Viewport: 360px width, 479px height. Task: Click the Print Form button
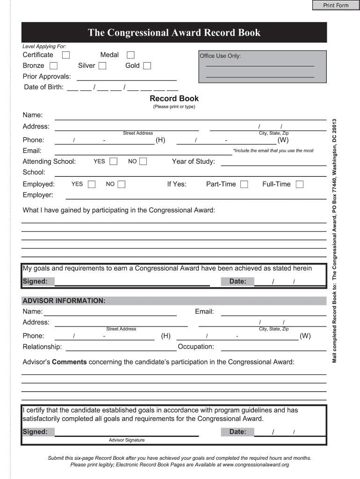[x=336, y=5]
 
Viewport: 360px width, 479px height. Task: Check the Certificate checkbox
[x=66, y=55]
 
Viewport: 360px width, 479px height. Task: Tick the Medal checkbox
[x=130, y=55]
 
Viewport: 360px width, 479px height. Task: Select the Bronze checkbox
[x=54, y=66]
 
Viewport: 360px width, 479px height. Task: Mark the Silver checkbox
[x=102, y=66]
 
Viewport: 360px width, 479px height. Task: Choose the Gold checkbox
[x=147, y=66]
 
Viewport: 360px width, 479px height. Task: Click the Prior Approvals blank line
[x=126, y=78]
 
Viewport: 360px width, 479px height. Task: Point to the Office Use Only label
[x=220, y=56]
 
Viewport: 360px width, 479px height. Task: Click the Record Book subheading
[x=174, y=99]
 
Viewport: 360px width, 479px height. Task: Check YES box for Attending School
[x=113, y=161]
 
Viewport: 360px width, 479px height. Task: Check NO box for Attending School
[x=143, y=161]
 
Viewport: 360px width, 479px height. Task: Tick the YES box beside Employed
[x=92, y=184]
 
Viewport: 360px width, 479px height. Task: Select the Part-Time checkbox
[x=244, y=184]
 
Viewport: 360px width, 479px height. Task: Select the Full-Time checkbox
[x=299, y=184]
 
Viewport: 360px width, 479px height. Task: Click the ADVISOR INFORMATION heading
[x=64, y=300]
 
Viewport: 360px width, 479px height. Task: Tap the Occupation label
[x=196, y=347]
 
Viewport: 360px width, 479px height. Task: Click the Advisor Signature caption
[x=127, y=440]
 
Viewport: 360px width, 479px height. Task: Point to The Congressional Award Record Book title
[x=174, y=33]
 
